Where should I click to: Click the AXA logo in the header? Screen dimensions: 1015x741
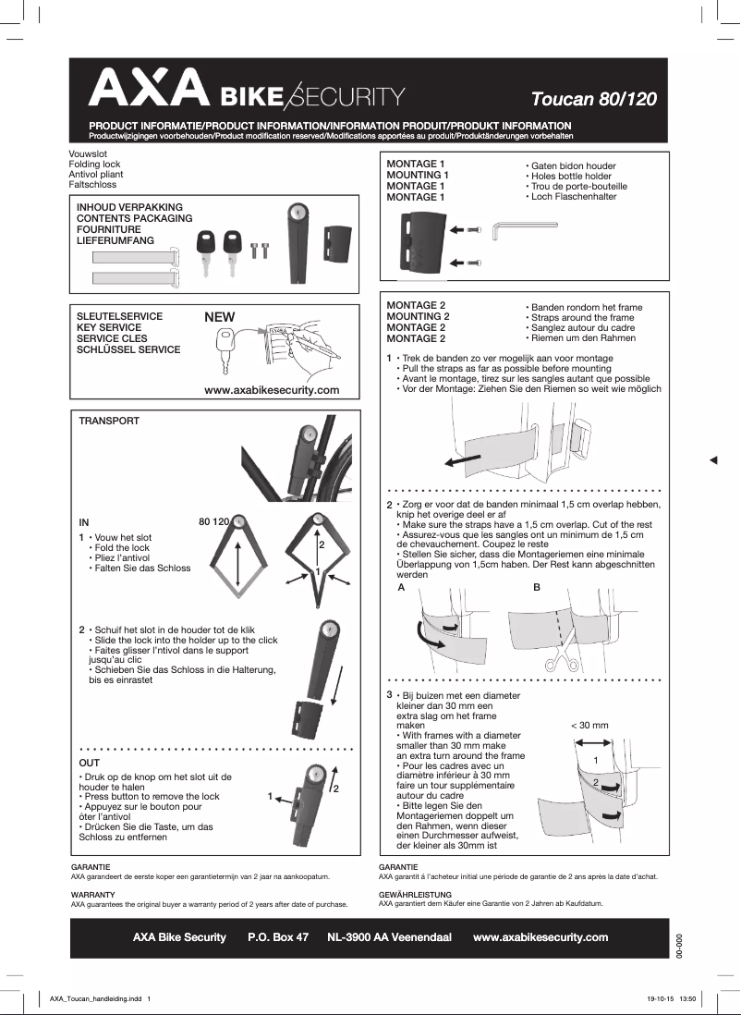148,89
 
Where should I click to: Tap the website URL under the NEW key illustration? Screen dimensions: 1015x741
271,390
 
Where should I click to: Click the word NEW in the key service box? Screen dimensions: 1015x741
220,317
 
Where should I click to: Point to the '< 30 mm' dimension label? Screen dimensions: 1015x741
589,726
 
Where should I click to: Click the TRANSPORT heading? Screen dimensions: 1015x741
109,421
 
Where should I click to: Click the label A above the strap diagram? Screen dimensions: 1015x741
401,588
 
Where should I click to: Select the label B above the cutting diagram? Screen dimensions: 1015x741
537,588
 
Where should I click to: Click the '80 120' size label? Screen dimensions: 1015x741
213,522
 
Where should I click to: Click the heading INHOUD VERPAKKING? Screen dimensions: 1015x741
129,206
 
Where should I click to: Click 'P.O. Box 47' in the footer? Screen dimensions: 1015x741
278,937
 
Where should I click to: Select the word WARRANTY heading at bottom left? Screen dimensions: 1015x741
92,895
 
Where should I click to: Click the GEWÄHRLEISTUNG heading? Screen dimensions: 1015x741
415,895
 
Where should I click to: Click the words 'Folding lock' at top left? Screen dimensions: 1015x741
95,164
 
